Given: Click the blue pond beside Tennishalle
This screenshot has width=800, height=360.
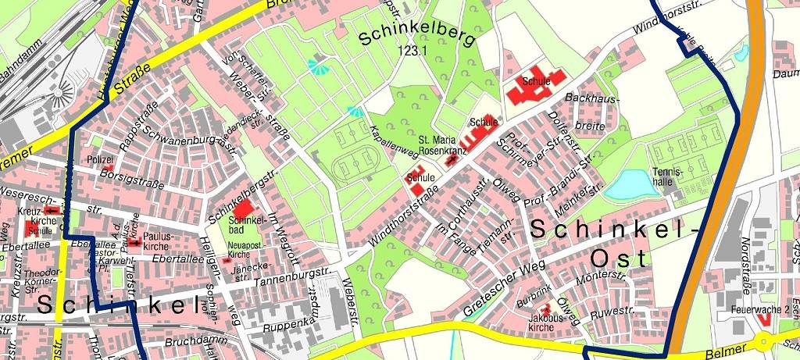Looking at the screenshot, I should [x=628, y=185].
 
